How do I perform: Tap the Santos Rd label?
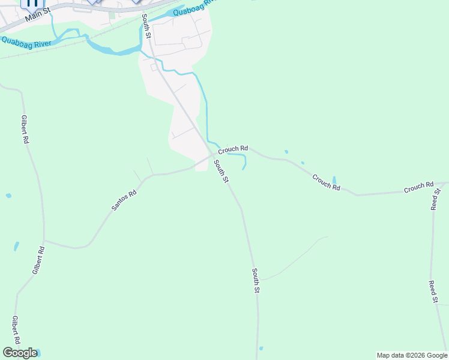tap(124, 200)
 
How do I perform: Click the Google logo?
tap(20, 353)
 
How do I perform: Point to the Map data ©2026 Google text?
tap(412, 355)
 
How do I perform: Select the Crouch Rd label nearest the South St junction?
tap(233, 148)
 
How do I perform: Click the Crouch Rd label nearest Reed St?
tap(418, 188)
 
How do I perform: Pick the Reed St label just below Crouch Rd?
tap(435, 199)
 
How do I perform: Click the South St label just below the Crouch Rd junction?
tap(221, 171)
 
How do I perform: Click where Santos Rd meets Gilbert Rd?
tap(44, 241)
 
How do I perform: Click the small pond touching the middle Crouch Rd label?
tap(334, 179)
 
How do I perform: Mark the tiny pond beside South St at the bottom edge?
tap(261, 348)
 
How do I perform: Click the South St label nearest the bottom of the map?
tap(256, 281)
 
